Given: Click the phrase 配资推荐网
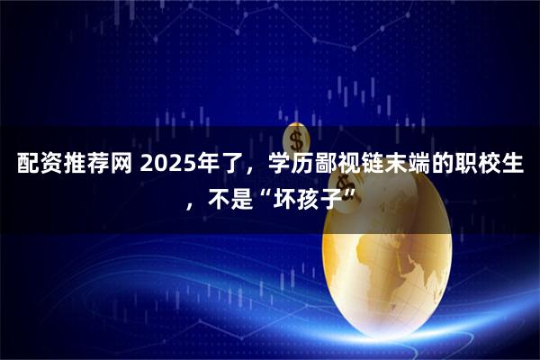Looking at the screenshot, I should [x=73, y=166].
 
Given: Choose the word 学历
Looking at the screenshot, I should [x=294, y=166].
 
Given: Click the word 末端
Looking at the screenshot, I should [x=422, y=166].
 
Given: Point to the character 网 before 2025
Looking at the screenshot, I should [x=123, y=166].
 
